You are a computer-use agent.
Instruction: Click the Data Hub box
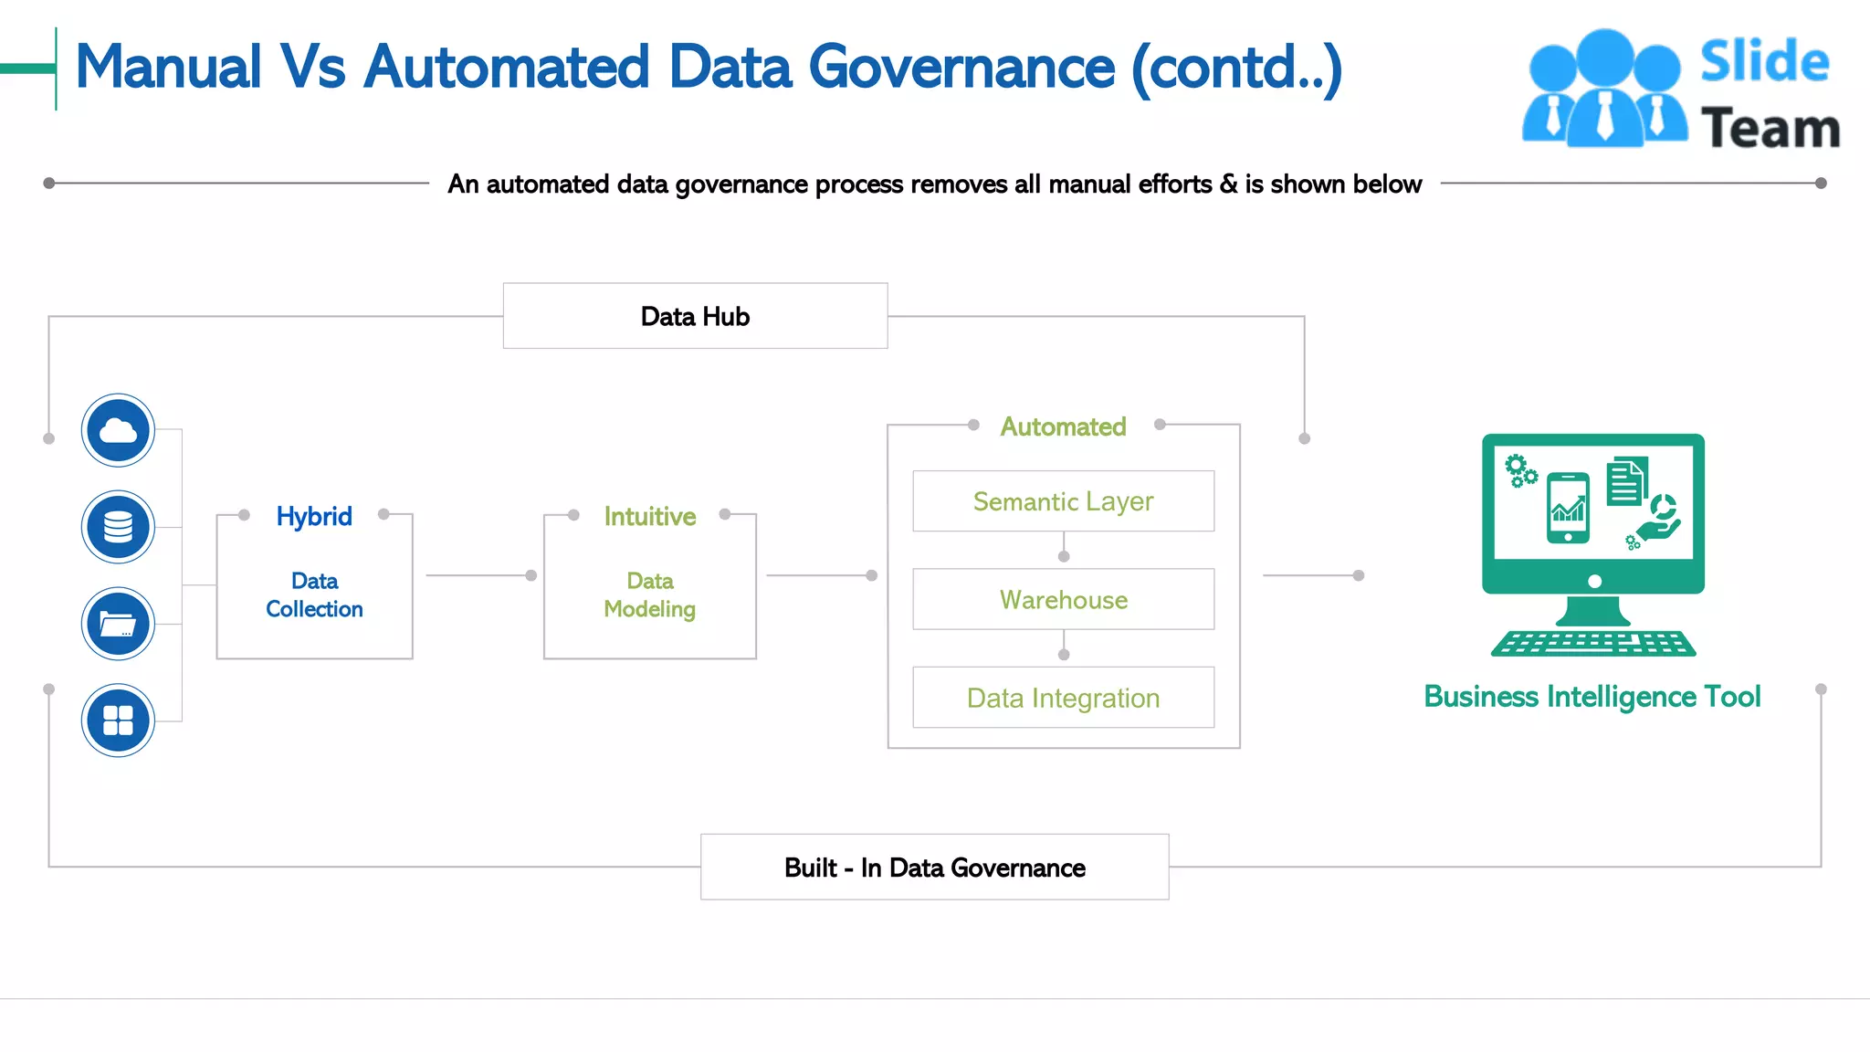(695, 316)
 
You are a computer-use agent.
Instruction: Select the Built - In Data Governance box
(934, 868)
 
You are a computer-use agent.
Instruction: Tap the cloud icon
(118, 430)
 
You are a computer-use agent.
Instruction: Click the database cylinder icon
(118, 527)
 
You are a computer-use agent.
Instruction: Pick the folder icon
(118, 624)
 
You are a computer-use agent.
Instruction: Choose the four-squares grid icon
(118, 721)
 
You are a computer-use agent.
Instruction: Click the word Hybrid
(314, 516)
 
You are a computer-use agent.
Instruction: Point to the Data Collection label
(314, 594)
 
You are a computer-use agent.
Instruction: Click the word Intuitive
(649, 516)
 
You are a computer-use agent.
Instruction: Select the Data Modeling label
(649, 594)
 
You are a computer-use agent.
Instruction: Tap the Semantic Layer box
(1063, 501)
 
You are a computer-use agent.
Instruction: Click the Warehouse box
(1063, 599)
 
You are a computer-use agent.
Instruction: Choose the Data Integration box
(1063, 698)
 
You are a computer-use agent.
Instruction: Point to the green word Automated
(1063, 426)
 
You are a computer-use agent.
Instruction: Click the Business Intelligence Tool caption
(1592, 697)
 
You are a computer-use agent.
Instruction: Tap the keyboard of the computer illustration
(1593, 643)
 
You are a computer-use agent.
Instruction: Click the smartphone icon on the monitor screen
(1568, 508)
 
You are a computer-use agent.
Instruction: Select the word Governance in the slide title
(961, 68)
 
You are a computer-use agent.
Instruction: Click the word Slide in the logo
(1764, 62)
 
